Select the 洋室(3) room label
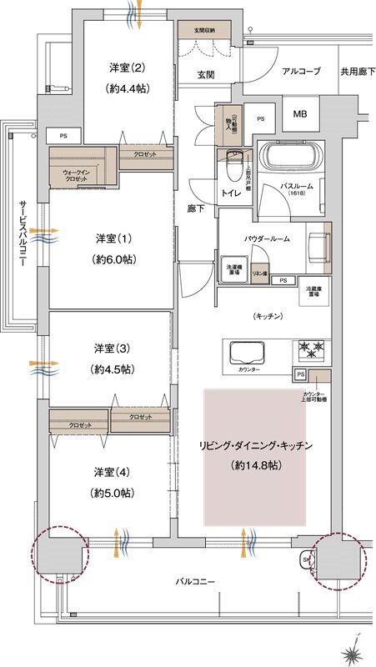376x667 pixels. click(111, 347)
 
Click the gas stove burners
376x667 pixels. click(309, 348)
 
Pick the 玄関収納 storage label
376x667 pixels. click(204, 30)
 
